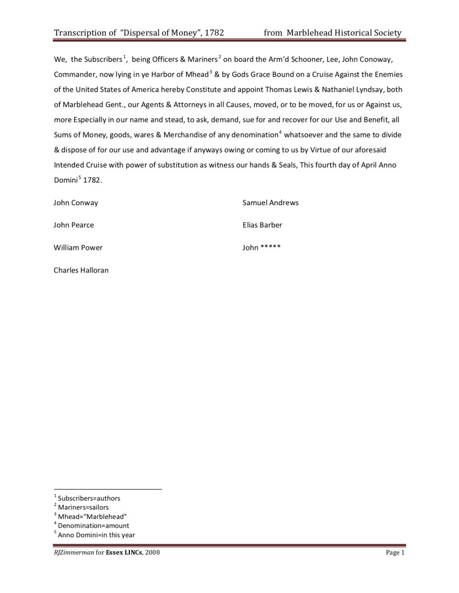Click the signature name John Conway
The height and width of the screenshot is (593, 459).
76,203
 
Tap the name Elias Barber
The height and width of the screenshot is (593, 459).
262,225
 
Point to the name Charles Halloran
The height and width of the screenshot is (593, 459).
81,270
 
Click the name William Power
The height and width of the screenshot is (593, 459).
78,248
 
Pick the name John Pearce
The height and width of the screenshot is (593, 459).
74,225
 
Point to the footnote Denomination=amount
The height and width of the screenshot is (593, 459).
93,526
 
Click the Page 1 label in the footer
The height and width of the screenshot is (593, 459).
395,553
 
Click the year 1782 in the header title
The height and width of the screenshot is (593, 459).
213,33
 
